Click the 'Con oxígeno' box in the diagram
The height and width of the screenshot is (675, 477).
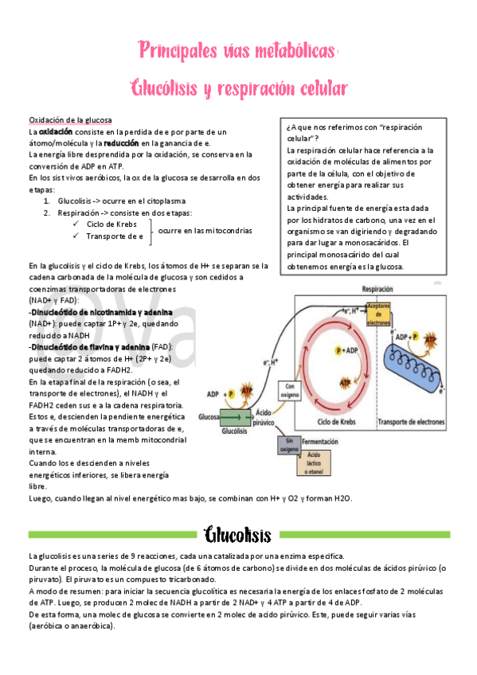click(x=287, y=389)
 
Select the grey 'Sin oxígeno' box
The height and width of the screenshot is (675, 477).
click(x=287, y=444)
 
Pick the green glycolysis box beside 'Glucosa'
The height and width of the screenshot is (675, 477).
click(x=236, y=416)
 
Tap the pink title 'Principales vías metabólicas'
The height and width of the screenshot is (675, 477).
click(x=237, y=51)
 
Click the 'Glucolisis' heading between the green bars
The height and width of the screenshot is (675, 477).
click(x=237, y=534)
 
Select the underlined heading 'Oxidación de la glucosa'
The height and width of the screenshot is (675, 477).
click(x=71, y=119)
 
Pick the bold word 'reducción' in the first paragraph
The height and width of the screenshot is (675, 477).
click(x=121, y=142)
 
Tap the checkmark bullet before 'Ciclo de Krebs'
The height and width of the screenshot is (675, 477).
click(x=75, y=224)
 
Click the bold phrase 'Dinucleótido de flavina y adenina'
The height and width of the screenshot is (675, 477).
click(x=89, y=347)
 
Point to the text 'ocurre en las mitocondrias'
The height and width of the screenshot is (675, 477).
click(x=205, y=230)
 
